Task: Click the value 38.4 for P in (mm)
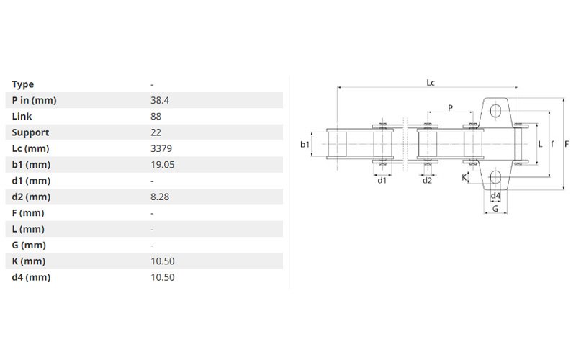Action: pyautogui.click(x=160, y=100)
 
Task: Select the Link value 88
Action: pyautogui.click(x=156, y=117)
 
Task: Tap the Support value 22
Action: pyautogui.click(x=156, y=132)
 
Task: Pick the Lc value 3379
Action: pyautogui.click(x=161, y=149)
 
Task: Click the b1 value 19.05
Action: pyautogui.click(x=163, y=165)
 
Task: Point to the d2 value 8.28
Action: pyautogui.click(x=160, y=197)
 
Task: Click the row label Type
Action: pyautogui.click(x=23, y=84)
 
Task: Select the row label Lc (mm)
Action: pyautogui.click(x=30, y=149)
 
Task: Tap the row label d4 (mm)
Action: pyautogui.click(x=31, y=277)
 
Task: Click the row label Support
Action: pyautogui.click(x=30, y=133)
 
